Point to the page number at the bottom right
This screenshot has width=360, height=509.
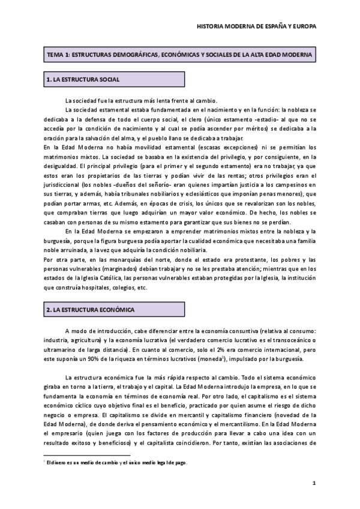(314, 484)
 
